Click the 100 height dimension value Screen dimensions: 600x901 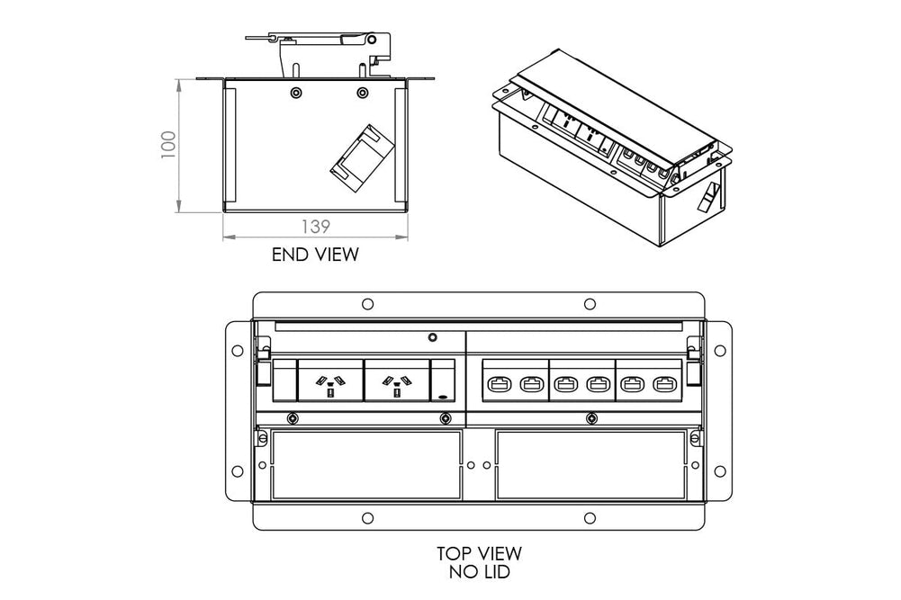(168, 145)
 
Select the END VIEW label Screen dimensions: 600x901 (315, 255)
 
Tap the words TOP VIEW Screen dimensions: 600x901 (479, 553)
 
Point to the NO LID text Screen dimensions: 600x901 (479, 570)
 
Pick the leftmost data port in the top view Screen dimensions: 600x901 (500, 383)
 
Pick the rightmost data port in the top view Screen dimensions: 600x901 (666, 383)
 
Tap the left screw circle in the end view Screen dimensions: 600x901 (296, 93)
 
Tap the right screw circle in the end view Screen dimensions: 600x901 (362, 93)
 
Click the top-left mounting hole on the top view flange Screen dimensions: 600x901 (367, 304)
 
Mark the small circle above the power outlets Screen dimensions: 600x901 (433, 338)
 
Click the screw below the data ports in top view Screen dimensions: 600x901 (590, 417)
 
